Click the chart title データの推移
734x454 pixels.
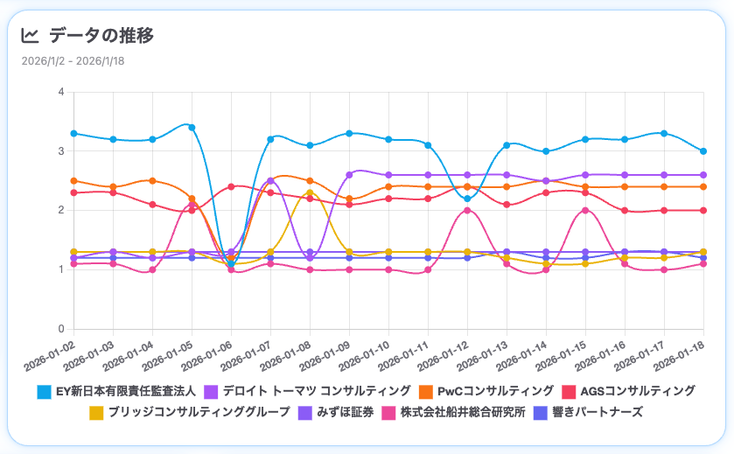pyautogui.click(x=101, y=36)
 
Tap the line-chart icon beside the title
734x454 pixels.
pyautogui.click(x=30, y=36)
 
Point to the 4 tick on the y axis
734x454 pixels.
pyautogui.click(x=60, y=92)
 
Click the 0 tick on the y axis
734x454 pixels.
pyautogui.click(x=60, y=329)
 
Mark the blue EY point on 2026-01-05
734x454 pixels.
pyautogui.click(x=192, y=128)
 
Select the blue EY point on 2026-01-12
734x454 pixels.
pyautogui.click(x=467, y=199)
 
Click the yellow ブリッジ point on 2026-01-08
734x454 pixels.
pyautogui.click(x=310, y=193)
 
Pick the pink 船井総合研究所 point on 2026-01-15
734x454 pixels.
pyautogui.click(x=585, y=210)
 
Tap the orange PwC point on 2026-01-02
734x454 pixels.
pyautogui.click(x=73, y=181)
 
